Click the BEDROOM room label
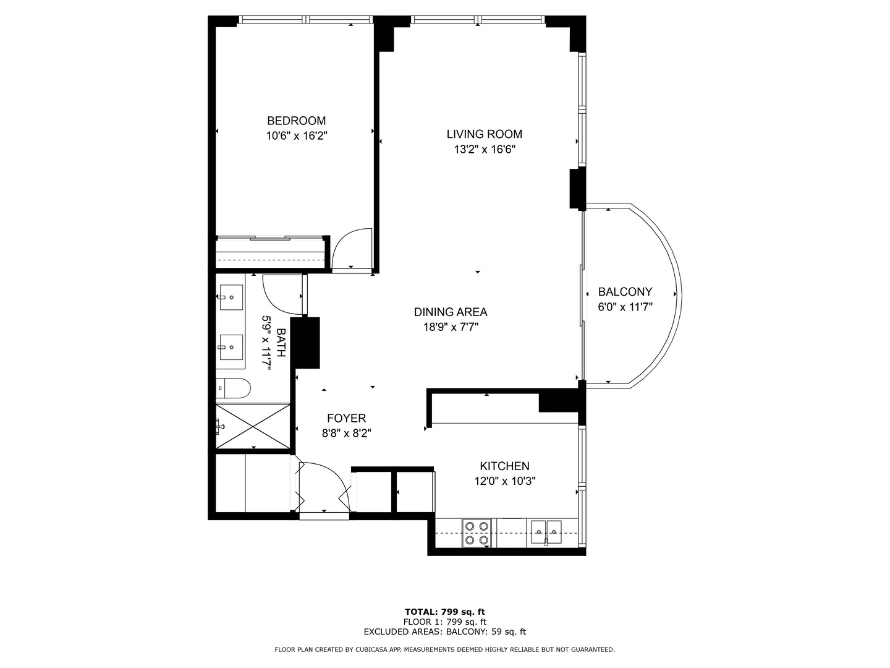coord(296,121)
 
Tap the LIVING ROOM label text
coord(484,134)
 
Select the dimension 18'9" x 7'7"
coord(451,327)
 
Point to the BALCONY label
coord(625,292)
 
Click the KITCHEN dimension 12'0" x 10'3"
coord(504,481)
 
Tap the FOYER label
coord(346,419)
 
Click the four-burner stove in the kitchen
coord(477,533)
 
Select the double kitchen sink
coord(546,532)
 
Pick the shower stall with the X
coord(253,426)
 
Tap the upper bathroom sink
coord(232,297)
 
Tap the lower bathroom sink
coord(232,348)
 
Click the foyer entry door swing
coord(324,486)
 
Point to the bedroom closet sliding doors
coord(270,237)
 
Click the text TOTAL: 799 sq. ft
coord(444,612)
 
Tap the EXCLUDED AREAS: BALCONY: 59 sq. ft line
coord(444,632)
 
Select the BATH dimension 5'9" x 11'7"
coord(266,342)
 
